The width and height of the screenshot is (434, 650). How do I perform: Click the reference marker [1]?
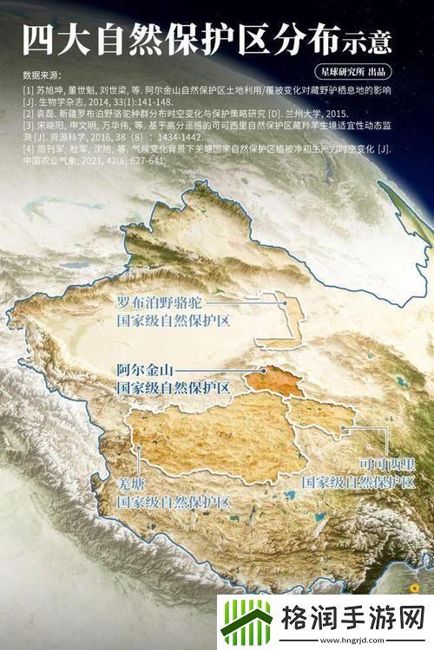point(29,90)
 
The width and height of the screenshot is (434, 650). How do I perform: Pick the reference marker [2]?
point(29,114)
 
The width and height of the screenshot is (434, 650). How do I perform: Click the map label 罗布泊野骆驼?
point(160,304)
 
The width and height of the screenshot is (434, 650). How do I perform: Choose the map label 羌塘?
point(130,484)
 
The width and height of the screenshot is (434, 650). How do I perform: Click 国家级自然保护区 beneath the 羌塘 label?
point(174,503)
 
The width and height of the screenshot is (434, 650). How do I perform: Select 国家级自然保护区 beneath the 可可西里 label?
point(358,481)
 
